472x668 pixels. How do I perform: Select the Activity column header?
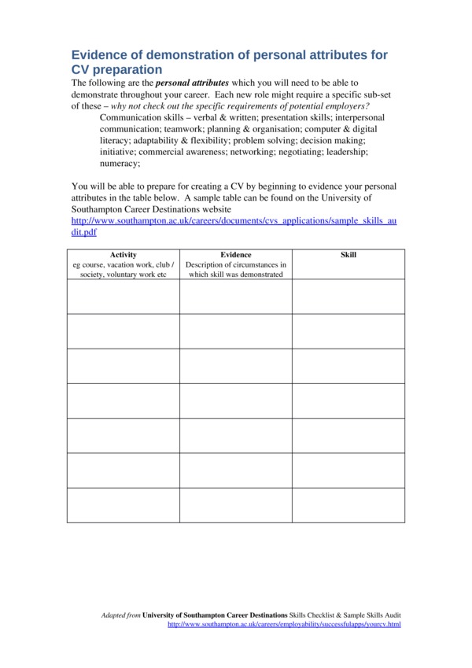(124, 255)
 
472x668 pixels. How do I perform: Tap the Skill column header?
(348, 255)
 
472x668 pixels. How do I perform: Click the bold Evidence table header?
(236, 255)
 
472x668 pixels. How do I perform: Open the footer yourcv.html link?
(284, 624)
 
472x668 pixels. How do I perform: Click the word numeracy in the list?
(119, 164)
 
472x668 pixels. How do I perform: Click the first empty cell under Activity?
(124, 297)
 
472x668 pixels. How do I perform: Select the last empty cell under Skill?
(348, 504)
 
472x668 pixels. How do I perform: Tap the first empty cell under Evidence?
(236, 297)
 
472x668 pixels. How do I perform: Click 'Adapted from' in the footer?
(120, 614)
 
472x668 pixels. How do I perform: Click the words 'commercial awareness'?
(180, 151)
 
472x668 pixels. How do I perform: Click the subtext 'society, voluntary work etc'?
(124, 275)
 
